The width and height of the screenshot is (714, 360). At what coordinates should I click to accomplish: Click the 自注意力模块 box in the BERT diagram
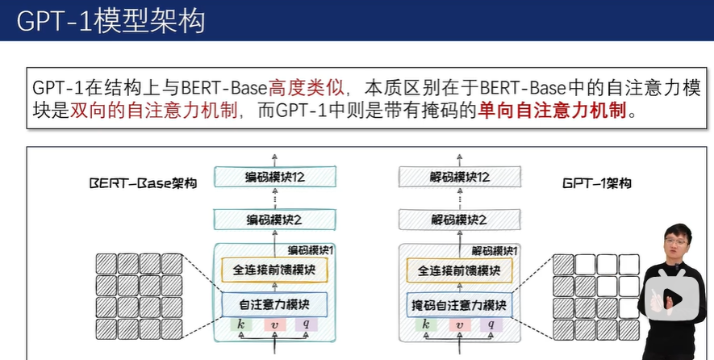click(x=274, y=305)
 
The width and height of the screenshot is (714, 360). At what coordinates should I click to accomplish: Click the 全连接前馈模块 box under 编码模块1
click(x=274, y=270)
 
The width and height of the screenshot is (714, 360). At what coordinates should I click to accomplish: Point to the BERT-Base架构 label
click(x=143, y=183)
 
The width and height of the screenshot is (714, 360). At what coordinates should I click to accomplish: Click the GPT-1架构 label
click(x=596, y=183)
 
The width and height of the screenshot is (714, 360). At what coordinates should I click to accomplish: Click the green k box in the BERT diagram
click(x=241, y=324)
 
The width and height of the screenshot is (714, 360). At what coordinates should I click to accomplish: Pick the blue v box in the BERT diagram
click(x=274, y=324)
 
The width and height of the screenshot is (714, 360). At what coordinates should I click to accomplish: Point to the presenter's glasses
click(x=675, y=241)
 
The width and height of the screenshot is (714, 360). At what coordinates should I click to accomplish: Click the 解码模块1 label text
click(x=495, y=251)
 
